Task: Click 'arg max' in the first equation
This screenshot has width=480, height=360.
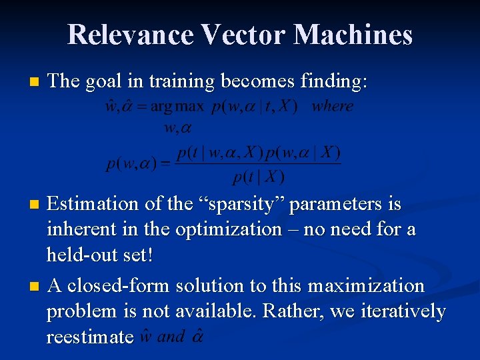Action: point(179,107)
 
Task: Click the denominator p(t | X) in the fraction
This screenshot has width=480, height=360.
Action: point(258,177)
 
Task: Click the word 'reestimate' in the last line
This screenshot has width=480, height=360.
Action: point(90,337)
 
